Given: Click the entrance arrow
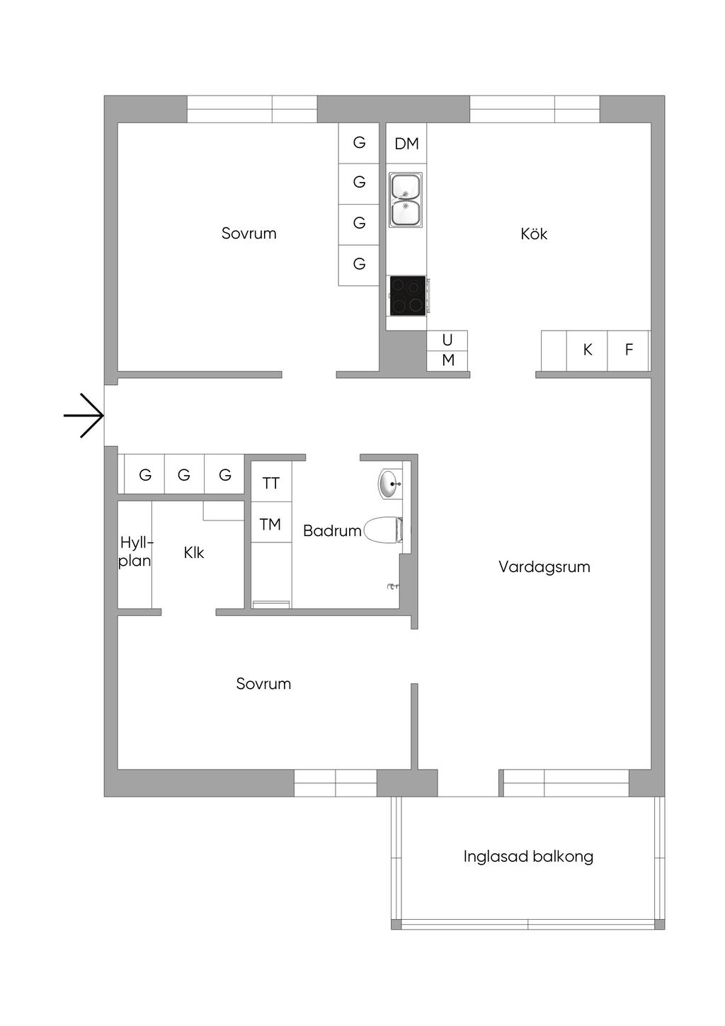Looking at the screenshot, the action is coord(84,416).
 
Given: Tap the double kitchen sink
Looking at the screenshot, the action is coord(405,200).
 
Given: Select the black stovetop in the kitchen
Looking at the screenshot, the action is coord(408,295).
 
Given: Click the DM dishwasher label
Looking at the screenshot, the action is coord(406,144).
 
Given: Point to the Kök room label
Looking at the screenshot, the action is coord(534,234).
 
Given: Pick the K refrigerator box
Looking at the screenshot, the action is coord(587,350).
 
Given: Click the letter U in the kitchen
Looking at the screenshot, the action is coord(447,341).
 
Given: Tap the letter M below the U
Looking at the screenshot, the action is coord(448,360).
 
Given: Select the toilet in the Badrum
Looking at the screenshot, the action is coord(383,530).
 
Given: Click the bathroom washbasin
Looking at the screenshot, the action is coord(389,484).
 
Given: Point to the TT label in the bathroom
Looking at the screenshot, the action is coord(270,483).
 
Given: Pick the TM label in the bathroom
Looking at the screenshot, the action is coord(270,524).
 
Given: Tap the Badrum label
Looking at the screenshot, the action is coord(332,531).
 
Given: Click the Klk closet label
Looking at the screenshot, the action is coord(194,553).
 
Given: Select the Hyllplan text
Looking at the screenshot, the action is coord(135,552).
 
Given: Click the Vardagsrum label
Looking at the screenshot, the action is coord(544,567).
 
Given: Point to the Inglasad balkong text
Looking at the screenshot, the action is coord(528,857).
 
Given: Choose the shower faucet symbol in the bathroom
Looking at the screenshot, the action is coord(394,586).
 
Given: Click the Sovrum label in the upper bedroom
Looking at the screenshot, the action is coord(249,233).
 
